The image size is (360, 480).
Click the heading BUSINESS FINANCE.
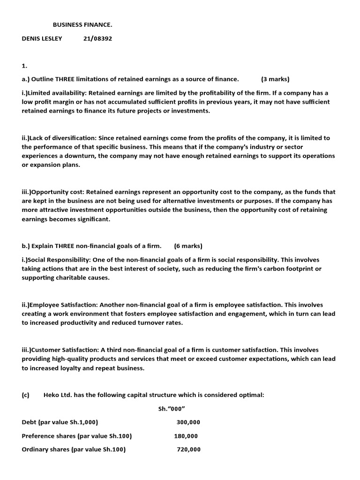[x=82, y=24]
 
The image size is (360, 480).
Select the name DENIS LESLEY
[x=42, y=38]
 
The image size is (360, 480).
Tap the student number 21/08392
[x=97, y=38]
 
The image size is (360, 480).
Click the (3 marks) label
[x=275, y=79]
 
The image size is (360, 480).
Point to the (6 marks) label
[x=188, y=246]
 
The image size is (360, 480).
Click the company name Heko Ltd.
[x=57, y=395]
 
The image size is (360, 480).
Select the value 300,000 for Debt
[x=188, y=422]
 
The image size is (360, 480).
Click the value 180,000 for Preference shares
[x=186, y=436]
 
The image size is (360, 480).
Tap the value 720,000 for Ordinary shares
[x=188, y=450]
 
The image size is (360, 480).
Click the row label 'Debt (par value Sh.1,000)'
[x=60, y=422]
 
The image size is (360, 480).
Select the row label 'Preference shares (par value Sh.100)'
[x=77, y=436]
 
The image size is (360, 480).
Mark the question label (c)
[x=25, y=395]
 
